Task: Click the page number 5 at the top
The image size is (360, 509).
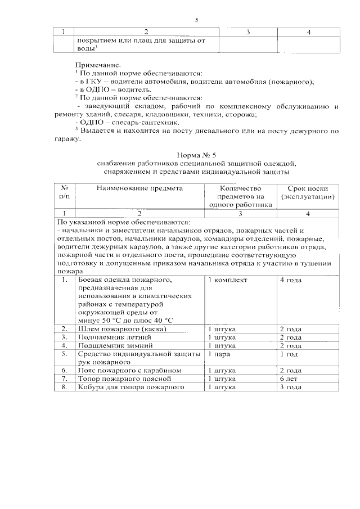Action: [x=197, y=21]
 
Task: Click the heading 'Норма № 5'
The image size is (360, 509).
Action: [x=196, y=154]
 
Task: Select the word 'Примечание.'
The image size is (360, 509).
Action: [x=97, y=66]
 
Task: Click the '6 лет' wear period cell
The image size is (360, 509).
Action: [x=289, y=379]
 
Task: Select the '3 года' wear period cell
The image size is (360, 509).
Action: [x=290, y=388]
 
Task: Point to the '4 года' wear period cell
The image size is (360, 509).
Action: [x=290, y=280]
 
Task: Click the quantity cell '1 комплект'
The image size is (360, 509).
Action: [x=227, y=280]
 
